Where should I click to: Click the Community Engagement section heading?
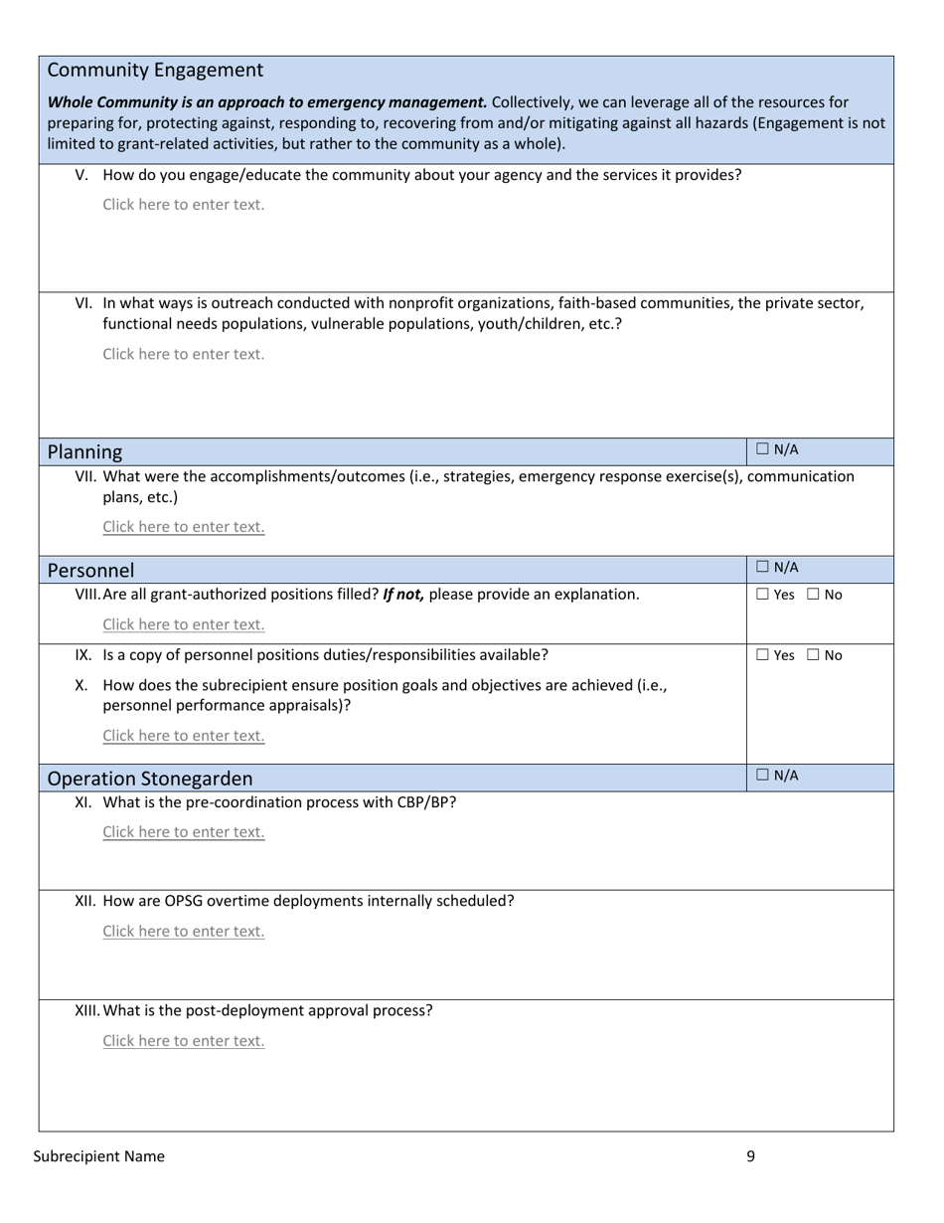[155, 71]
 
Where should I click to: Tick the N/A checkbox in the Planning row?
[762, 449]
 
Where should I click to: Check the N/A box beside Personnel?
[762, 568]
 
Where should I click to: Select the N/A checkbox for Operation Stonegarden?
[762, 776]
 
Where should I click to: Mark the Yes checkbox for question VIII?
[762, 595]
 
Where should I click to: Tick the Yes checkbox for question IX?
[762, 655]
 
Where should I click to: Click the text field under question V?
[184, 205]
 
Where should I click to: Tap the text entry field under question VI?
[184, 354]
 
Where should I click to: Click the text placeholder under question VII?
[184, 527]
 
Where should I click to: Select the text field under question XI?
[184, 832]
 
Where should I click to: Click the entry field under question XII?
[184, 932]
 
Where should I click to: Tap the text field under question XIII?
[184, 1041]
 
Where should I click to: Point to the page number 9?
[750, 1156]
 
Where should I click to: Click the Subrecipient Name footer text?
[99, 1156]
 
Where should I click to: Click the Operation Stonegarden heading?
[150, 779]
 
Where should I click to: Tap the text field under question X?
[184, 736]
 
